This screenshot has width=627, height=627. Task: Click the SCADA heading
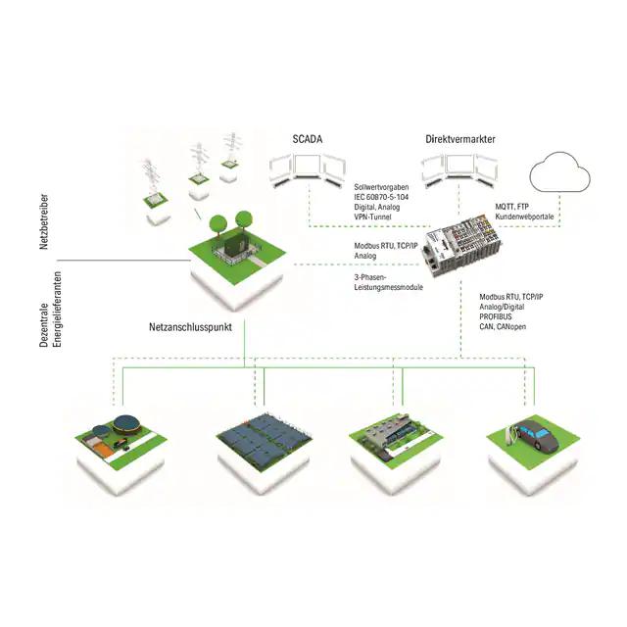[x=308, y=139]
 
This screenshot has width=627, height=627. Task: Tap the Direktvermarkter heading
[x=460, y=139]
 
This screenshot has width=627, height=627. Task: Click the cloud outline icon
[x=559, y=171]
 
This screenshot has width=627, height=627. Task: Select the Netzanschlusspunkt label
[x=190, y=327]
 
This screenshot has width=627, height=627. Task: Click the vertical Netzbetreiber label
[x=44, y=222]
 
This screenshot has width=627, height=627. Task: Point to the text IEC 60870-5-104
[x=381, y=197]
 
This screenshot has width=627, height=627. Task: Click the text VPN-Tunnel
[x=372, y=217]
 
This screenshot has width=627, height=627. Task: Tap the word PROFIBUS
[x=496, y=316]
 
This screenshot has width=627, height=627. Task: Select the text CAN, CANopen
[x=503, y=326]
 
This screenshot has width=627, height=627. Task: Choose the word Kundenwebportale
[x=524, y=217]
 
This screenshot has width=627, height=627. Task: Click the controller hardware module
[x=461, y=248]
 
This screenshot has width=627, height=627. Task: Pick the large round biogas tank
[x=126, y=425]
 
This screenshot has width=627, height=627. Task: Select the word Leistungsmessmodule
[x=388, y=287]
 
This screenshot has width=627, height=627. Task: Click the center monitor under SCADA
[x=309, y=167]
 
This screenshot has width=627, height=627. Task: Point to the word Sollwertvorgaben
[x=381, y=187]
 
